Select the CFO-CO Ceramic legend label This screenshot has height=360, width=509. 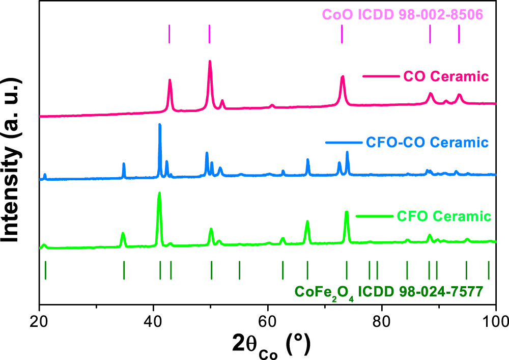pyautogui.click(x=427, y=142)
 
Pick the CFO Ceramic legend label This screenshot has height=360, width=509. pyautogui.click(x=442, y=216)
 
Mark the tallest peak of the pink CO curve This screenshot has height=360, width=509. pyautogui.click(x=210, y=62)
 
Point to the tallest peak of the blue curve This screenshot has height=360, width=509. pyautogui.click(x=160, y=125)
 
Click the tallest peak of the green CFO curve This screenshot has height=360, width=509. pyautogui.click(x=159, y=193)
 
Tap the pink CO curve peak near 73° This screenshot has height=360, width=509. pyautogui.click(x=343, y=77)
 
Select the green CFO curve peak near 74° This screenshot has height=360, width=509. pyautogui.click(x=347, y=212)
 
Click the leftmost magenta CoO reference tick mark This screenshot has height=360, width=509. pyautogui.click(x=169, y=34)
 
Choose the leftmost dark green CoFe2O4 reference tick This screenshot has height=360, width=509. pyautogui.click(x=46, y=269)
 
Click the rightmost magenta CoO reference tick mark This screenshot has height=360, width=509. pyautogui.click(x=459, y=34)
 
